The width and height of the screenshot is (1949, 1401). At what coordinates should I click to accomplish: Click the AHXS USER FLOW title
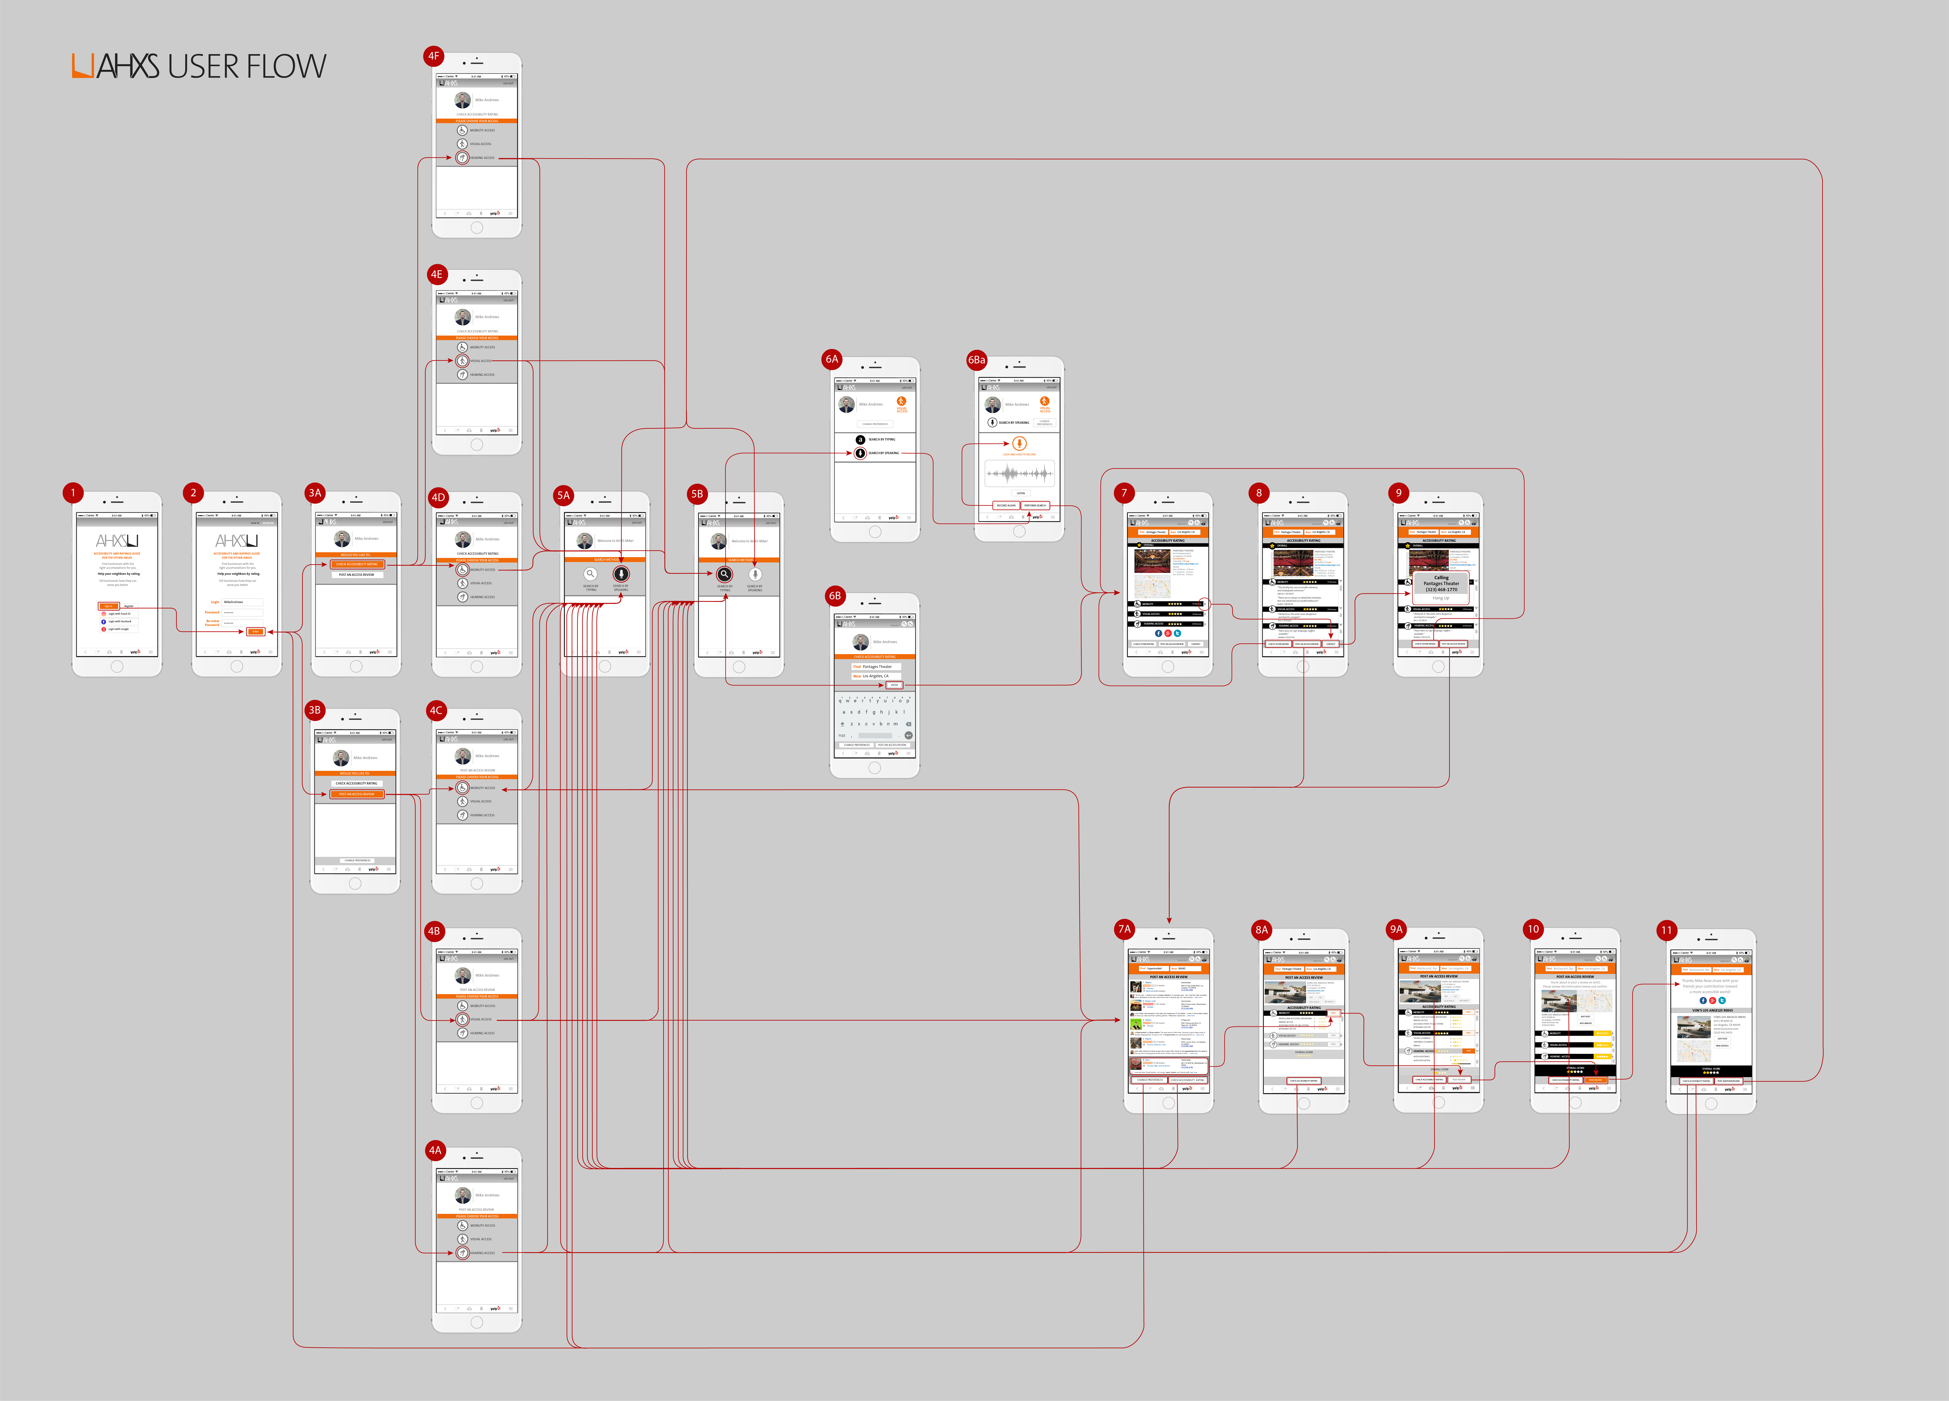pos(199,66)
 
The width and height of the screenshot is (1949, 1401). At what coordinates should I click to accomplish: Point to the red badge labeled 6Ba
pos(976,360)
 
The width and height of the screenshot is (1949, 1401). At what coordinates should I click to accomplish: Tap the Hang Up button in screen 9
pos(1440,598)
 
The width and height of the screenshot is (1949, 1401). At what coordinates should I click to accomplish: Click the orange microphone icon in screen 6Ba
pos(1019,443)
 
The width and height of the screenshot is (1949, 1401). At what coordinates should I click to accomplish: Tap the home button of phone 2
pos(236,667)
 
